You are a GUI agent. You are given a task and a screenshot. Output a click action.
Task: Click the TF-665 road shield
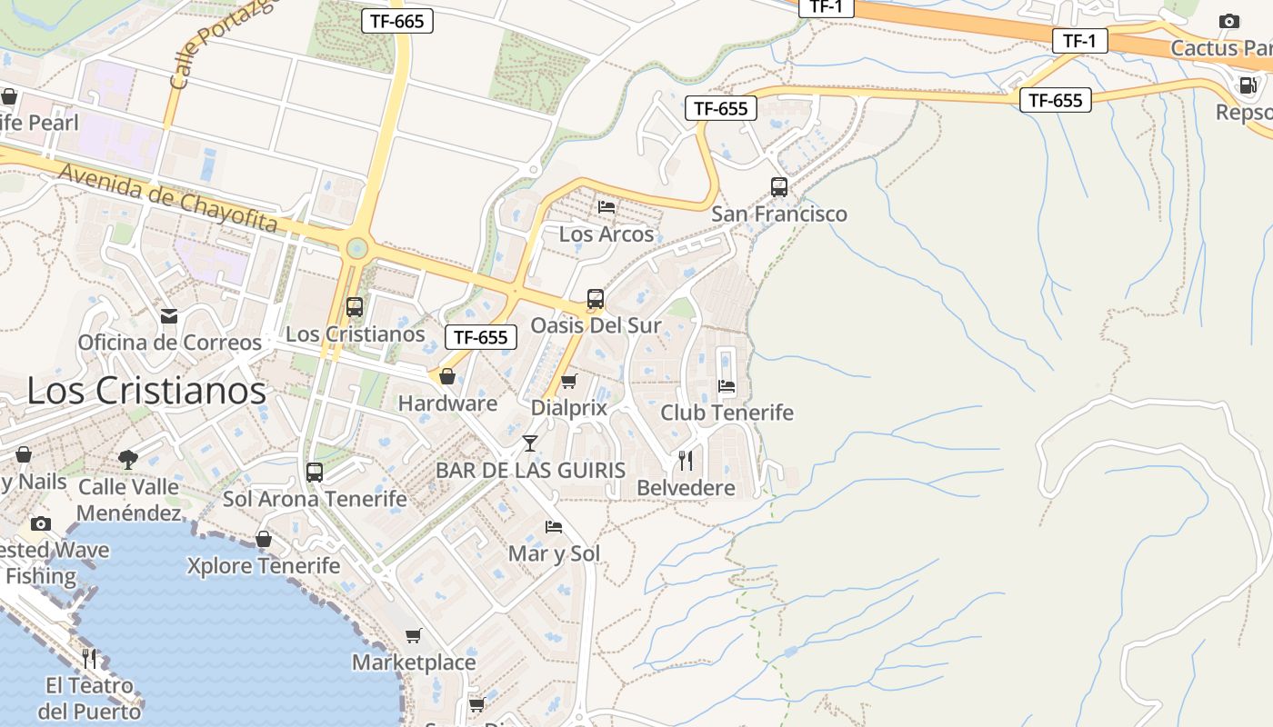point(397,21)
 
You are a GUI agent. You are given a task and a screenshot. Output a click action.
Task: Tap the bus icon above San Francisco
point(779,187)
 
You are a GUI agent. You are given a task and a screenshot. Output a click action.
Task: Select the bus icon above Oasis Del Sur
point(596,298)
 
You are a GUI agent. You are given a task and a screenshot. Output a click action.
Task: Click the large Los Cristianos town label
point(146,391)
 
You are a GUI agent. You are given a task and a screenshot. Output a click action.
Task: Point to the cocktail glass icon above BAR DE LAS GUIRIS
point(530,443)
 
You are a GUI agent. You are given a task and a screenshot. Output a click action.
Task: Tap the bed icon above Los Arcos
point(606,207)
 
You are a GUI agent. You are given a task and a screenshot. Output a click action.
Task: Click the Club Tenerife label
point(727,413)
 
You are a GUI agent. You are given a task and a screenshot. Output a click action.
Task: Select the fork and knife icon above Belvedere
point(686,461)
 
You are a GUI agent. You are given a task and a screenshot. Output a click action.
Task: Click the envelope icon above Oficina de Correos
point(169,316)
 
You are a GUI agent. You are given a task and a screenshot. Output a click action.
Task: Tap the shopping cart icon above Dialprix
point(569,381)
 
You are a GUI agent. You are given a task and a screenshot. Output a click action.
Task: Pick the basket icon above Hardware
point(447,376)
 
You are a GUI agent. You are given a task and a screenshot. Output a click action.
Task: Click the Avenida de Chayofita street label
point(167,196)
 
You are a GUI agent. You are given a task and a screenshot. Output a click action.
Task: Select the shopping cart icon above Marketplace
point(414,635)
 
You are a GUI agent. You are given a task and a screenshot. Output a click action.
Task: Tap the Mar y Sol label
point(554,553)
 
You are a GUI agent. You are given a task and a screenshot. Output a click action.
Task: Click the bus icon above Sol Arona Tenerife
point(315,473)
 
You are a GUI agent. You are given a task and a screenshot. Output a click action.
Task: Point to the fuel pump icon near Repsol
point(1248,85)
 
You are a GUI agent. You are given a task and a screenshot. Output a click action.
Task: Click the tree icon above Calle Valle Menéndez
point(128,460)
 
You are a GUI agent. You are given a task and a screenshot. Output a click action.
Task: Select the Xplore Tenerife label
point(264,566)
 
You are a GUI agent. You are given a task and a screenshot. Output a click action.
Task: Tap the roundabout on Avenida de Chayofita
point(357,247)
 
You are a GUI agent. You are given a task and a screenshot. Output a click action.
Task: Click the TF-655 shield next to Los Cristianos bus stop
point(481,337)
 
